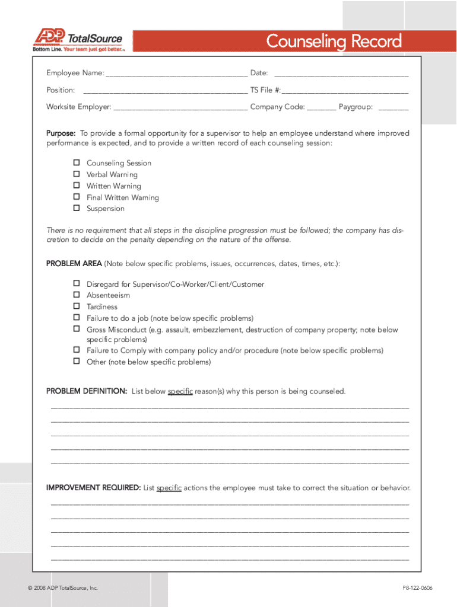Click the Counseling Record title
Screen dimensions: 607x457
(x=334, y=41)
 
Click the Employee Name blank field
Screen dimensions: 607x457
(x=176, y=74)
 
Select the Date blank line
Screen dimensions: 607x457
(x=341, y=74)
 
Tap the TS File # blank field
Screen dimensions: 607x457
(x=345, y=91)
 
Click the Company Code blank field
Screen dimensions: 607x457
(x=321, y=108)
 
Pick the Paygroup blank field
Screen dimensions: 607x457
(x=393, y=108)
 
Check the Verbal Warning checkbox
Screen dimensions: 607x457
(x=77, y=174)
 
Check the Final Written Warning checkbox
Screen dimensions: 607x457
(x=77, y=197)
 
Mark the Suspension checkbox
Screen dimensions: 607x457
(x=77, y=209)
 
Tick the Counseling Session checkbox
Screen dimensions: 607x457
(x=77, y=162)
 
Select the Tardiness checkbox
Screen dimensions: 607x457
(x=77, y=306)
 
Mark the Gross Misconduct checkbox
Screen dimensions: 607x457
(x=77, y=329)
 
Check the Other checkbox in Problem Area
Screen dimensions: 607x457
(x=77, y=362)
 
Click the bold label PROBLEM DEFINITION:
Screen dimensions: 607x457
(x=87, y=392)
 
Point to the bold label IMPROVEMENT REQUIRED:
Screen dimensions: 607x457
(x=93, y=488)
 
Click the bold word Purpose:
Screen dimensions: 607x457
(x=61, y=133)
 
